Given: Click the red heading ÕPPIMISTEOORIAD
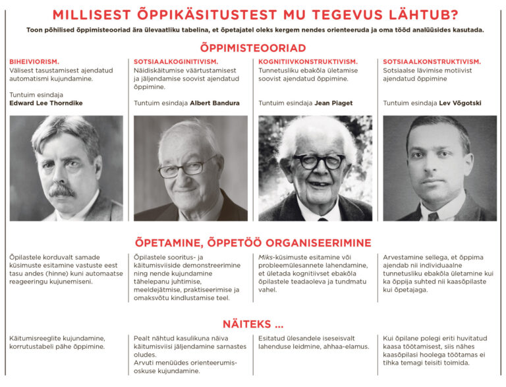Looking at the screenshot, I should [x=253, y=48].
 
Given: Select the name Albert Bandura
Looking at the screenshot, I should [x=214, y=104].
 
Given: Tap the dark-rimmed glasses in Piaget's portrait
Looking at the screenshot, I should [x=319, y=161].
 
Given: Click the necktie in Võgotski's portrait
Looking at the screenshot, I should [x=433, y=216].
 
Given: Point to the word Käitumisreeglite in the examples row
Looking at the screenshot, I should [x=32, y=338].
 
